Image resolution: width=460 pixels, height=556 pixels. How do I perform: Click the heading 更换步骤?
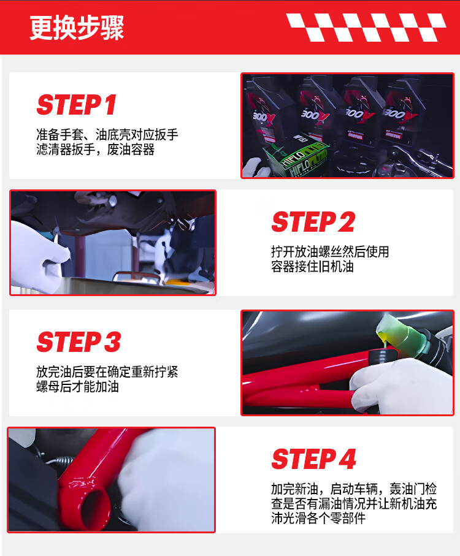(x=77, y=28)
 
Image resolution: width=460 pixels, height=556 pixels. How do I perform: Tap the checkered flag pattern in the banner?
(x=366, y=28)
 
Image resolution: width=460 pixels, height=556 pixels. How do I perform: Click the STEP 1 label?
(x=77, y=105)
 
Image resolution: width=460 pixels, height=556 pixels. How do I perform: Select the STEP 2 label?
(x=313, y=222)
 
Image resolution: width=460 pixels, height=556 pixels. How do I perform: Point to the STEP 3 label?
(x=79, y=341)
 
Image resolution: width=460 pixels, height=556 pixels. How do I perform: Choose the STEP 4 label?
(x=314, y=459)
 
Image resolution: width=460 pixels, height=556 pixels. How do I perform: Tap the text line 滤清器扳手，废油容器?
(x=96, y=150)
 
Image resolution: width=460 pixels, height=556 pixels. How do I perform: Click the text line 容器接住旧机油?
(x=312, y=267)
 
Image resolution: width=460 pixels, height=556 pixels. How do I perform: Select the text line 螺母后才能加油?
(x=77, y=387)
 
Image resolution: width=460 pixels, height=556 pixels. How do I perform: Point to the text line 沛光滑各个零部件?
(x=318, y=518)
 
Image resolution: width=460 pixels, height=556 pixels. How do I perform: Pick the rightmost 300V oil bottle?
(x=402, y=112)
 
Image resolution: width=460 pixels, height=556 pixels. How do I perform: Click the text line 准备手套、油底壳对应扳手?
(x=107, y=135)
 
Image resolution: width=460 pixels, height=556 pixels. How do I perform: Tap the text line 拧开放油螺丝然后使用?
(x=330, y=252)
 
